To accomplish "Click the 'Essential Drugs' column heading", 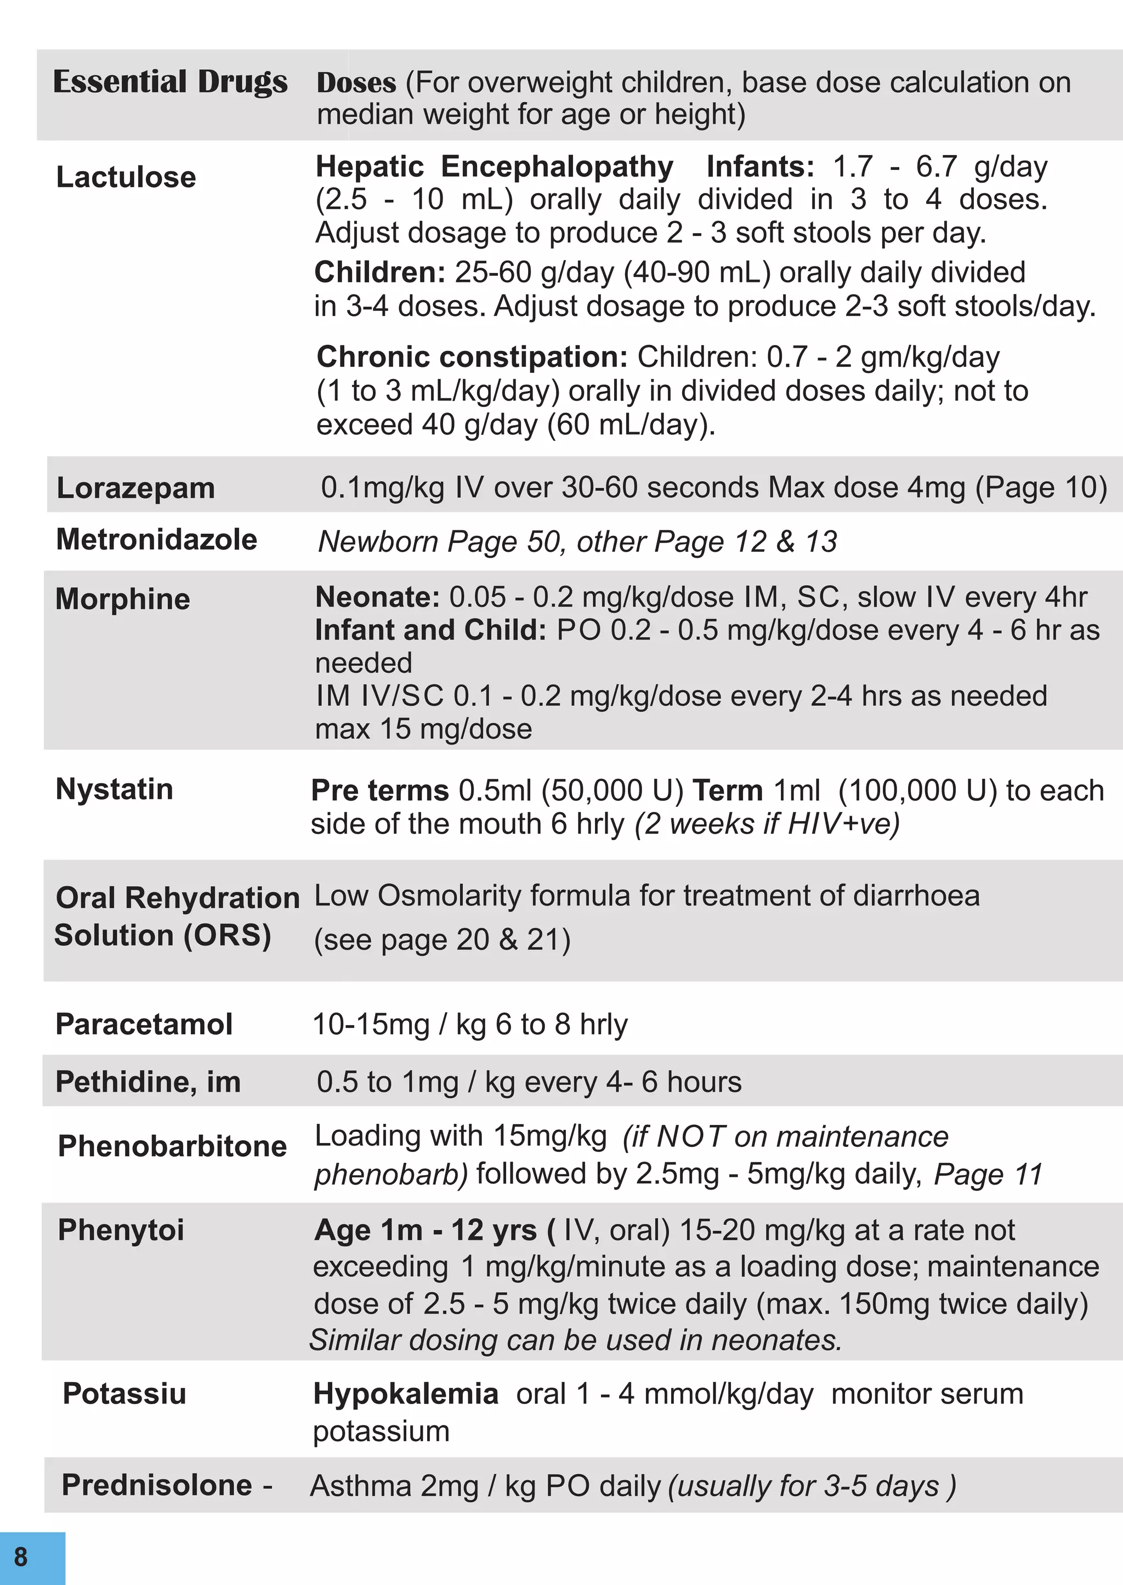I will point(170,82).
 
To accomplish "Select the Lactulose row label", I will point(126,178).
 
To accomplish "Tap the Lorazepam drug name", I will point(135,488).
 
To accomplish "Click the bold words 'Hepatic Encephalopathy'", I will point(495,167).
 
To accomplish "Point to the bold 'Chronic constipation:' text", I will point(472,357).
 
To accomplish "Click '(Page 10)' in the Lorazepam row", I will point(1041,488).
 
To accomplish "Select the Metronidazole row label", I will point(156,540).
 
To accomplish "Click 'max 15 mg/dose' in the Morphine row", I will point(423,729).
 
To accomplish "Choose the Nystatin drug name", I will point(114,789).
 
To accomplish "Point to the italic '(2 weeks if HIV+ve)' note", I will point(767,824).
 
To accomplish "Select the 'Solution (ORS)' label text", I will point(162,936).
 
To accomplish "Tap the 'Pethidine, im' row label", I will point(148,1082).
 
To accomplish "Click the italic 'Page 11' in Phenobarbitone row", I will point(988,1174).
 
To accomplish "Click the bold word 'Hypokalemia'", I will point(405,1394).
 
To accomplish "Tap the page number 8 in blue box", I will point(21,1556).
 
